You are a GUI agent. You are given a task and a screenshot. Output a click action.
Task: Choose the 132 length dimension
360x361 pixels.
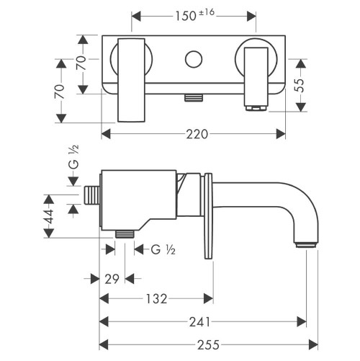click(x=157, y=298)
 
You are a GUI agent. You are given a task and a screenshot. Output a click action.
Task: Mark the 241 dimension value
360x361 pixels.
click(x=203, y=322)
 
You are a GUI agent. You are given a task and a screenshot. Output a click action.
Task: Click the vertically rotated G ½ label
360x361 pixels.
click(x=72, y=156)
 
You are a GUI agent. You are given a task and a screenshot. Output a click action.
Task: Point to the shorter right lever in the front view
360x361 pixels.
click(x=256, y=76)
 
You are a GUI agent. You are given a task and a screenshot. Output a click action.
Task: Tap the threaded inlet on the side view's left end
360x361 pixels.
click(x=92, y=196)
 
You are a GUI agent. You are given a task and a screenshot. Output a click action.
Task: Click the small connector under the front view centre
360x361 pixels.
click(x=192, y=97)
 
